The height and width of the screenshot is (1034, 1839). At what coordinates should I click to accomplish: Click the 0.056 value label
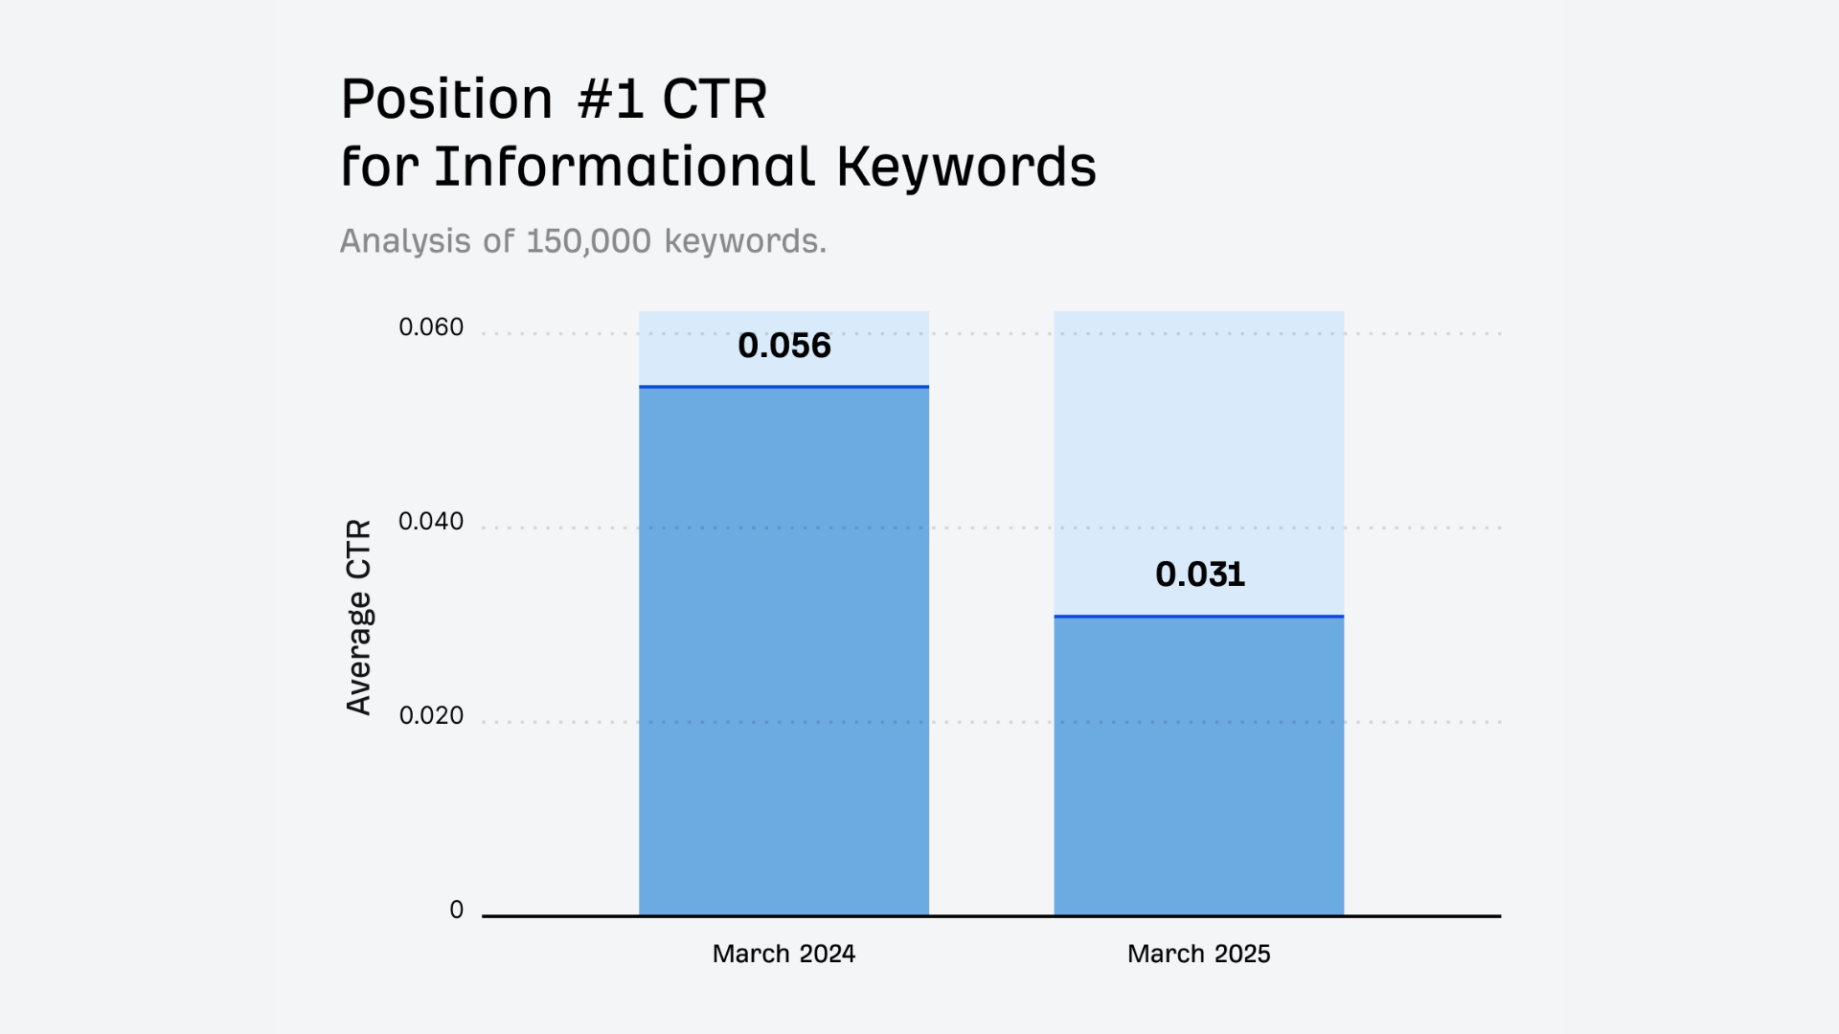tap(784, 345)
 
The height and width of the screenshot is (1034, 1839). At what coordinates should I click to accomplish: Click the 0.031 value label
tap(1199, 573)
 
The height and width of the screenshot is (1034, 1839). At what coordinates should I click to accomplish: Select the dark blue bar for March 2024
tap(783, 651)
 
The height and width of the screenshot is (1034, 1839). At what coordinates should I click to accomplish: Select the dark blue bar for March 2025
tap(1199, 766)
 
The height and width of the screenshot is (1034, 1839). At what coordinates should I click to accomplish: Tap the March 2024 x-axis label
tap(783, 954)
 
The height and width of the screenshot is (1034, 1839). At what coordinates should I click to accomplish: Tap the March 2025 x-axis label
tap(1199, 954)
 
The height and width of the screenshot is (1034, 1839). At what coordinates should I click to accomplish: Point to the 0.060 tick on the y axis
tap(431, 327)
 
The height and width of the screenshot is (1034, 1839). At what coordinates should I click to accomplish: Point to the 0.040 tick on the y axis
tap(431, 522)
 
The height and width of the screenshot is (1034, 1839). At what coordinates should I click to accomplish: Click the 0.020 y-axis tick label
tap(431, 716)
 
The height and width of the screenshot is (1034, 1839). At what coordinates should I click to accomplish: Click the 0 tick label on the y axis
tap(457, 910)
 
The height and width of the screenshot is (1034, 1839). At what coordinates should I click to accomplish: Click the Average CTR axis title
tap(358, 618)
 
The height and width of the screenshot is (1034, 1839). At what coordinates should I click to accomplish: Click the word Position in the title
tap(447, 99)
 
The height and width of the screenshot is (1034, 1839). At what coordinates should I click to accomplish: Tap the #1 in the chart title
tap(610, 99)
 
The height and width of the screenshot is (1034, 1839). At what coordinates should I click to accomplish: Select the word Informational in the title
tap(624, 166)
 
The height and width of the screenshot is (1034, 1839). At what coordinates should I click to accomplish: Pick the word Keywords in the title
tap(966, 167)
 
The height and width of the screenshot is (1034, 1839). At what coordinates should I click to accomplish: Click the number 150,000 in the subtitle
tap(589, 241)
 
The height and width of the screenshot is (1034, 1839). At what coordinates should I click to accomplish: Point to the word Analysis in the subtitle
tap(406, 241)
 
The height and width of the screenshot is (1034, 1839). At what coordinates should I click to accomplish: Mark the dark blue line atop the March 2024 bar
tap(783, 387)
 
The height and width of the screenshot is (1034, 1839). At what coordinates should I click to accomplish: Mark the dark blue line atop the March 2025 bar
tap(1199, 617)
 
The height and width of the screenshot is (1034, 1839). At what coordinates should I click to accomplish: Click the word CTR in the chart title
tap(715, 99)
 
